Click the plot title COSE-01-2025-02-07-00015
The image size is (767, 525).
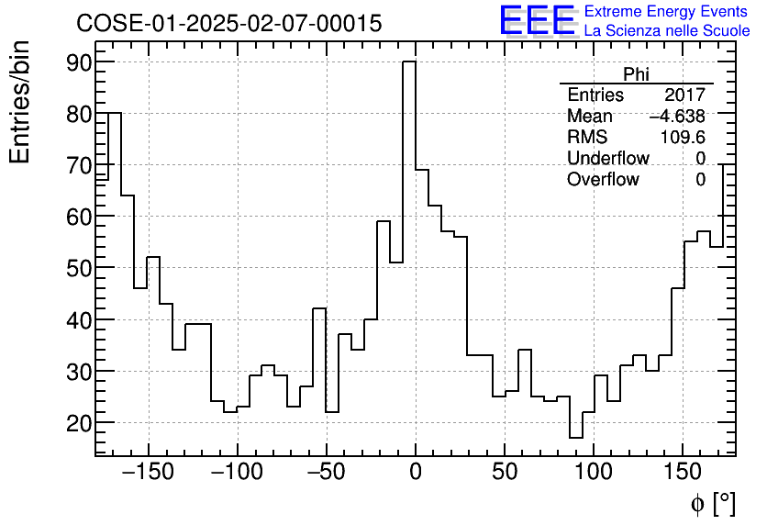pos(228,24)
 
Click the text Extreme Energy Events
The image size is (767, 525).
pos(666,11)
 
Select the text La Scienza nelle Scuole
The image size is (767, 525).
pos(667,31)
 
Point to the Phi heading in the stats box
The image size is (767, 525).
pos(636,74)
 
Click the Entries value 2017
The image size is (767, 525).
pos(685,95)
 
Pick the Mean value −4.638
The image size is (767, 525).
pos(677,117)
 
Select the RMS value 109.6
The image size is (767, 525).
pos(683,138)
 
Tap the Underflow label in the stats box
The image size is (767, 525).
pos(608,159)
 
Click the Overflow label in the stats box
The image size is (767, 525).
pos(603,180)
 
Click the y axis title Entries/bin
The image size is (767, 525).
pos(20,102)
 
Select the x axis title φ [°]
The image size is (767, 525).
pos(713,503)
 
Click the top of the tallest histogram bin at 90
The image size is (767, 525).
pos(409,62)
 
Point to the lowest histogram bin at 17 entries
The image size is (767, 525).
pos(575,438)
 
